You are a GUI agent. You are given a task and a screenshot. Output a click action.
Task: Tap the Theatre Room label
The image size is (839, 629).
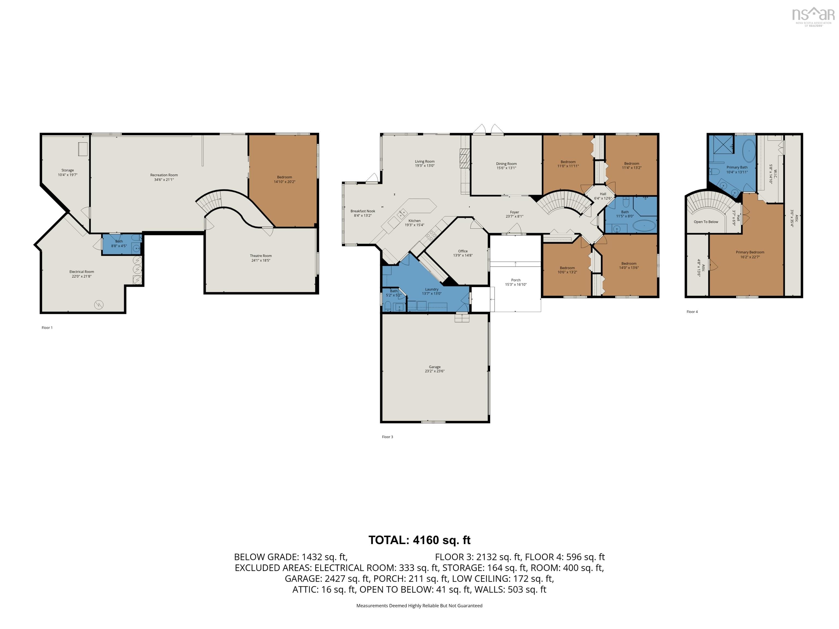click(x=261, y=256)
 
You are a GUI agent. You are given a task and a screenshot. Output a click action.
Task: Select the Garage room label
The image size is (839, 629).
click(x=435, y=367)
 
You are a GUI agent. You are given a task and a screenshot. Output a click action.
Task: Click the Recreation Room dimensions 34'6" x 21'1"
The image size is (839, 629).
click(x=164, y=180)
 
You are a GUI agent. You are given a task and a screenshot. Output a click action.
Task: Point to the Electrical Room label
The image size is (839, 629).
click(x=82, y=271)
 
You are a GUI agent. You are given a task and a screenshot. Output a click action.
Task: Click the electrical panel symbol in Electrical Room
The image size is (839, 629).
click(x=99, y=304)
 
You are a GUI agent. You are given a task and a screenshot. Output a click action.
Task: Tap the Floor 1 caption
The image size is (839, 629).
click(x=47, y=328)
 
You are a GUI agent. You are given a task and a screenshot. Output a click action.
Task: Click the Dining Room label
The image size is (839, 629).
click(x=506, y=164)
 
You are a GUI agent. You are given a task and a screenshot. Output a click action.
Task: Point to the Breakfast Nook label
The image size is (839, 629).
click(x=363, y=211)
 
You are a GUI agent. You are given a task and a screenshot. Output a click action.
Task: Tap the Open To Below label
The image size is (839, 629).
click(x=706, y=222)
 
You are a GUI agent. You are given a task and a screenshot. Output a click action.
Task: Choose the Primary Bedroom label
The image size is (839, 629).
click(x=750, y=252)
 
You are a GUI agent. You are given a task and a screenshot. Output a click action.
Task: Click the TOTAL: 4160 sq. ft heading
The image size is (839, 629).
click(x=419, y=540)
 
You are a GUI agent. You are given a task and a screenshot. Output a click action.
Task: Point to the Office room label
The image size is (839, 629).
click(x=463, y=251)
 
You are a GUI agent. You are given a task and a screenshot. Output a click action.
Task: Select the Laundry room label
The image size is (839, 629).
click(x=432, y=289)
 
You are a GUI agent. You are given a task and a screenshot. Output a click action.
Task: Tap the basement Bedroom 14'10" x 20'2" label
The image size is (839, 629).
click(x=285, y=177)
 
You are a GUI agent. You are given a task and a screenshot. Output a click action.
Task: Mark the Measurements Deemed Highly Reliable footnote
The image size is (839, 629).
click(x=419, y=606)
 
